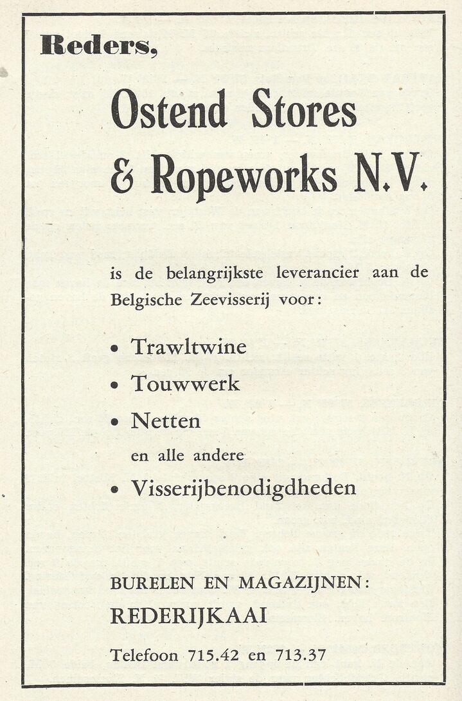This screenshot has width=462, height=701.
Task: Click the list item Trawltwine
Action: pyautogui.click(x=188, y=347)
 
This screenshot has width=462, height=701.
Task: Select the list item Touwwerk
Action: pyautogui.click(x=185, y=384)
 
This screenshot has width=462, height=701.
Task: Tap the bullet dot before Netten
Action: pyautogui.click(x=115, y=423)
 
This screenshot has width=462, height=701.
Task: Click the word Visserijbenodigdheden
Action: pyautogui.click(x=243, y=489)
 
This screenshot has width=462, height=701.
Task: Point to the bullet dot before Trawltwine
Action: pyautogui.click(x=115, y=349)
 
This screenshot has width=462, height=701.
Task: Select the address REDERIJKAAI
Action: pyautogui.click(x=189, y=616)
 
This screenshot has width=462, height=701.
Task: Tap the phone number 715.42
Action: pyautogui.click(x=213, y=656)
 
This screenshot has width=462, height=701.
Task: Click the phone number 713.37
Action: pyautogui.click(x=300, y=656)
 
